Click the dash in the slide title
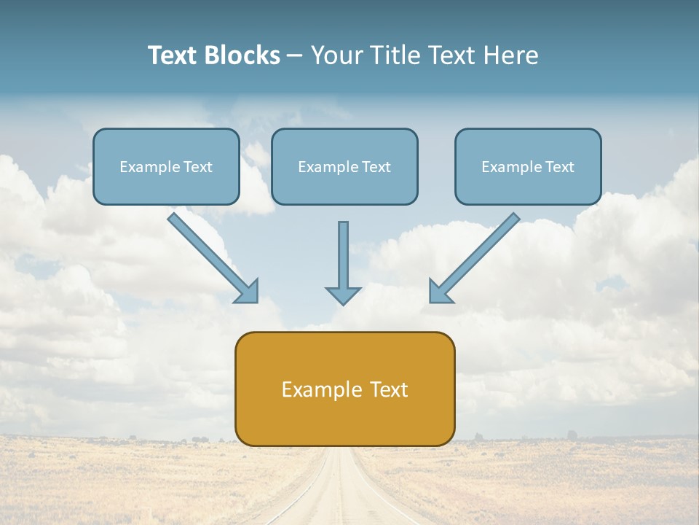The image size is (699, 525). (x=295, y=56)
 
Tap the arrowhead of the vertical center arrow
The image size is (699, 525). (x=343, y=295)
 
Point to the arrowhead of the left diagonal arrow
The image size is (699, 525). (x=248, y=292)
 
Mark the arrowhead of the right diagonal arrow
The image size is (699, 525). (x=439, y=292)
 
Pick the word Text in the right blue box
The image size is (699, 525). (x=560, y=167)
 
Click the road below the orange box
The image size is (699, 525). (x=342, y=489)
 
